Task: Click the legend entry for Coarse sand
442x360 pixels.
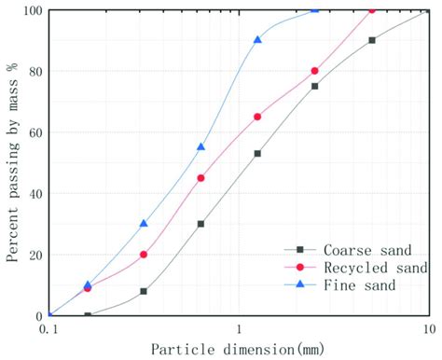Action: (359, 249)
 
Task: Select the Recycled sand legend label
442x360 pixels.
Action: (366, 267)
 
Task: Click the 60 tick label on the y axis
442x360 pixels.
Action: (35, 132)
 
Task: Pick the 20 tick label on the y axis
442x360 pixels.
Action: (35, 255)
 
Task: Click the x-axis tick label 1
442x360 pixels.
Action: (240, 328)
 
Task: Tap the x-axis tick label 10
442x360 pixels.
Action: (427, 328)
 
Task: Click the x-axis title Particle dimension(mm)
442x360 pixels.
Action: (239, 349)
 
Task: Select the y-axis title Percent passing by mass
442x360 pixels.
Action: (12, 163)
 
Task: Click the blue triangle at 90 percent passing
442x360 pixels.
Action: (258, 39)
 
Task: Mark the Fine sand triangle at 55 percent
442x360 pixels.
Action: (201, 146)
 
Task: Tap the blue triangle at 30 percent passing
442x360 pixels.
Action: (144, 223)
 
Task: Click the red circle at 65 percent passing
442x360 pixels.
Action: (258, 117)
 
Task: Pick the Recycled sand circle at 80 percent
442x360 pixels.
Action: (315, 71)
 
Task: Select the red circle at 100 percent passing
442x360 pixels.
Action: (372, 9)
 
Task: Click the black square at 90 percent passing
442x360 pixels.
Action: (372, 40)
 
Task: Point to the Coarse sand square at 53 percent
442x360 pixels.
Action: (258, 153)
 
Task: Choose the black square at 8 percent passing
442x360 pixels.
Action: (144, 291)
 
